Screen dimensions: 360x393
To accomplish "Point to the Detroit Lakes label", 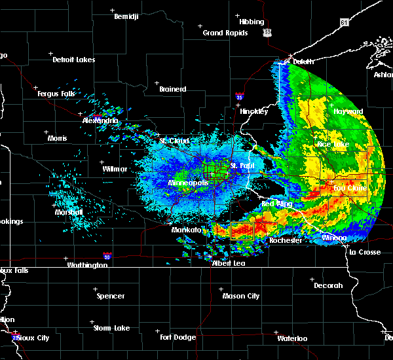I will point(73,60).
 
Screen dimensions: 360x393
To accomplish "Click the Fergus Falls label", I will point(58,94).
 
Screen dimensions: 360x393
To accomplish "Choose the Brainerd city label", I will point(172,89).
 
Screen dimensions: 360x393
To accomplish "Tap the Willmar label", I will point(115,169).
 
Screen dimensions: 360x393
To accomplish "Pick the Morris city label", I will point(57,138).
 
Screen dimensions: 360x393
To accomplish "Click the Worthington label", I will point(87,265).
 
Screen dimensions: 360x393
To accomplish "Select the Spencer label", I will point(111,296).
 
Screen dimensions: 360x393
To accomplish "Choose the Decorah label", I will point(327,285).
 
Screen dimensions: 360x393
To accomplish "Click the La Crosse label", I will point(364,252).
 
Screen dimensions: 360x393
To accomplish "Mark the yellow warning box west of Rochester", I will point(242,230).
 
